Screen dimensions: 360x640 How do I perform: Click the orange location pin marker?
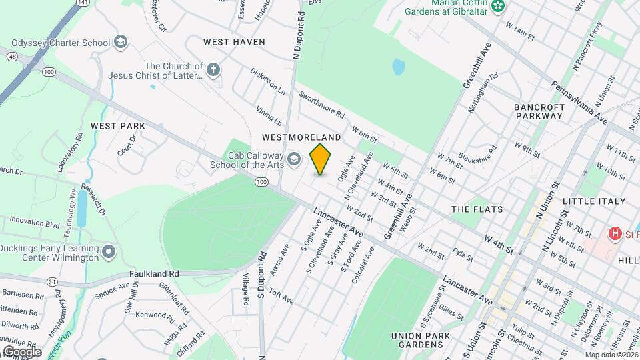coord(320,159)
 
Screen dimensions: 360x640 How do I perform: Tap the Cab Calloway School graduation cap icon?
coord(294,159)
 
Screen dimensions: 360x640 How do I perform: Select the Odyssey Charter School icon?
coord(120,43)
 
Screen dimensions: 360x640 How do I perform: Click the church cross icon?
coord(213,69)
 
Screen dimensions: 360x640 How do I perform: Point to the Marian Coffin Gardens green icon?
coord(497,7)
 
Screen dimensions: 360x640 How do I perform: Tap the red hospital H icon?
coord(614,233)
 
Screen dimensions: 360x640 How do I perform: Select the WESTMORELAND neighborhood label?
coord(301,137)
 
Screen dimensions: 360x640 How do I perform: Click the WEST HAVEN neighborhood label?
coord(234,42)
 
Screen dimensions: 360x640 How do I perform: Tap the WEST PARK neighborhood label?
coord(118,126)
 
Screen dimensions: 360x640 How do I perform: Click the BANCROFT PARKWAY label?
coord(539,111)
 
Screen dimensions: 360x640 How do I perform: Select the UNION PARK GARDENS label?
coord(417,339)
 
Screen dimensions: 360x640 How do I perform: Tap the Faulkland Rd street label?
coord(155,274)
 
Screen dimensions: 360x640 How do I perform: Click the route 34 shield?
coord(52,281)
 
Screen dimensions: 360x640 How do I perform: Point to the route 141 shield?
coord(82,3)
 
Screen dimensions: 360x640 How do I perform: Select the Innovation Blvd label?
coord(35,223)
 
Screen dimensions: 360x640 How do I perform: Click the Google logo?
coord(22,351)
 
